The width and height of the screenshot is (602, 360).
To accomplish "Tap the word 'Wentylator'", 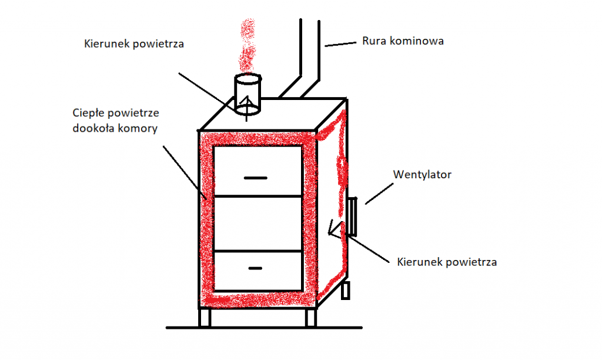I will tap(422, 175).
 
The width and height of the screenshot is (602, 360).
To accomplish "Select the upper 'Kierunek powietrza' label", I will tap(135, 44).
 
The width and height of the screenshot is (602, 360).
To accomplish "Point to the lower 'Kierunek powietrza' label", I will tap(447, 261).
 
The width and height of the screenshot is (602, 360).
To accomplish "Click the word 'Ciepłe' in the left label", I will tap(89, 112).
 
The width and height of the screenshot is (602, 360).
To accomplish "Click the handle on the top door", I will tap(255, 178).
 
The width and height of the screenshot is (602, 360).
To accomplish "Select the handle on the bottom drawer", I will tap(255, 268).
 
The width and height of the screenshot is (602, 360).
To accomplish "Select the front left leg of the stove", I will tap(204, 317).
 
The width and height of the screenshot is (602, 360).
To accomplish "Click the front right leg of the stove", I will tap(310, 317).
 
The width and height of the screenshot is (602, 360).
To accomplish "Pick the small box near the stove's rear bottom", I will tap(346, 289).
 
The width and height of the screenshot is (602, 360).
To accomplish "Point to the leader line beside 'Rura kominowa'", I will tap(341, 44).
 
